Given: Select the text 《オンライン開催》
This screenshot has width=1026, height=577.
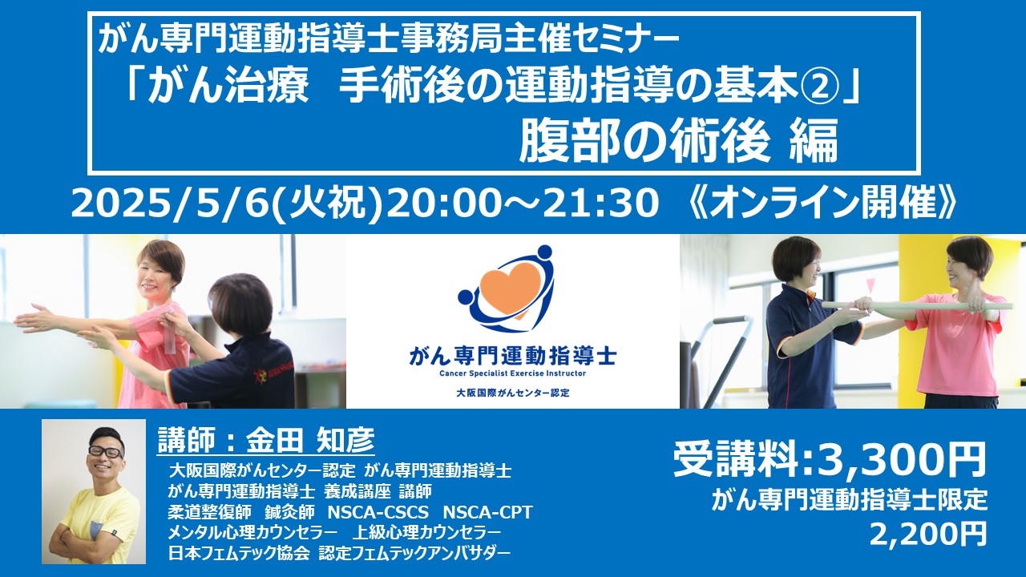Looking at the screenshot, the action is [x=823, y=204].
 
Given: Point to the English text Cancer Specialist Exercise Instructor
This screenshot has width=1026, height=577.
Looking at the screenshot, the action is [x=512, y=373].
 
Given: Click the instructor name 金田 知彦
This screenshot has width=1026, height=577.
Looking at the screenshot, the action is [x=310, y=441].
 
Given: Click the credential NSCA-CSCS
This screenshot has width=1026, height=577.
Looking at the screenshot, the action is [x=378, y=512].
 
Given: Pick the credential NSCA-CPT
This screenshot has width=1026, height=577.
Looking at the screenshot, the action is [x=487, y=512].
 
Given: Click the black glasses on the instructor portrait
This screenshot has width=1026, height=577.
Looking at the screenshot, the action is [x=107, y=450].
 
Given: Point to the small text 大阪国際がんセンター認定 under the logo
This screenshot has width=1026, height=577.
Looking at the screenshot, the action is [x=512, y=393].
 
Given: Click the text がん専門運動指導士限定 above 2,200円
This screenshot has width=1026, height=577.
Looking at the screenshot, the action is [x=849, y=501].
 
